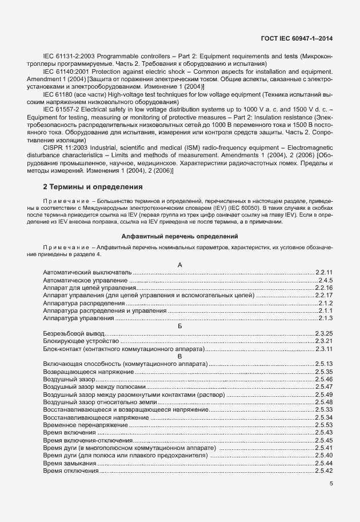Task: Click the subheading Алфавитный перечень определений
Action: tap(179, 236)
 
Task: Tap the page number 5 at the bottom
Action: tap(331, 483)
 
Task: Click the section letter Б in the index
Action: tap(180, 325)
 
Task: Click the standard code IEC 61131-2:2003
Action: tap(69, 56)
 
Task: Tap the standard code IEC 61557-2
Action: tap(61, 108)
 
